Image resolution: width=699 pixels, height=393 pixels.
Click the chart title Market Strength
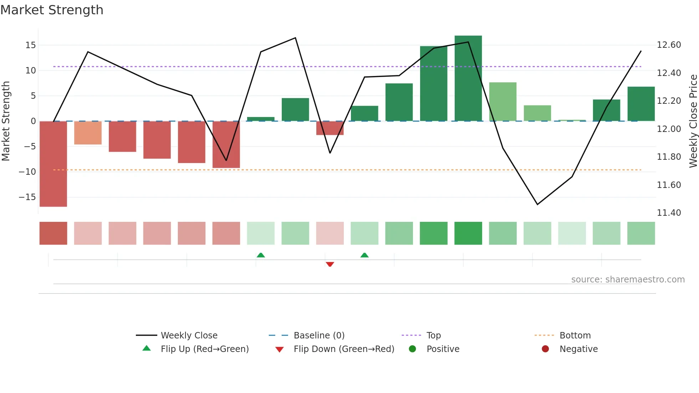52,10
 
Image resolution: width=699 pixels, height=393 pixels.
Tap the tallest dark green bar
468,78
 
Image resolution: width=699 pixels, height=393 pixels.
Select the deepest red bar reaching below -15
53,164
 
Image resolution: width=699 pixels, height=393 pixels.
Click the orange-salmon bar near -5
88,133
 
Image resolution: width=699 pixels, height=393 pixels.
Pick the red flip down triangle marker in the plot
330,264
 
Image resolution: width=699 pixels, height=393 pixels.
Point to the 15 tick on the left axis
31,45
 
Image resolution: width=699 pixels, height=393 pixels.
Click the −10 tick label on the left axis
27,172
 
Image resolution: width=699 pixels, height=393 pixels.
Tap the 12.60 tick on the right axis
669,45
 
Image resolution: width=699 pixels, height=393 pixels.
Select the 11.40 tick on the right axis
669,213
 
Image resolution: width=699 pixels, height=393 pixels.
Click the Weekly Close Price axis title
693,121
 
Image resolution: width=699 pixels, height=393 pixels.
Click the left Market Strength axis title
6,121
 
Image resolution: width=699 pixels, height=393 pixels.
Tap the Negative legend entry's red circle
545,349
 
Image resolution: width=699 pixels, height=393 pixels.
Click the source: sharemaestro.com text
628,280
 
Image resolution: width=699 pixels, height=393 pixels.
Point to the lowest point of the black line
537,204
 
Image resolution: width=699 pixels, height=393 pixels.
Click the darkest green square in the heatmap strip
468,233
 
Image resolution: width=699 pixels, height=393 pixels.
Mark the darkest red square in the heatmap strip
53,233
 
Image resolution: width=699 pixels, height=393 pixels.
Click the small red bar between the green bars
330,128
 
